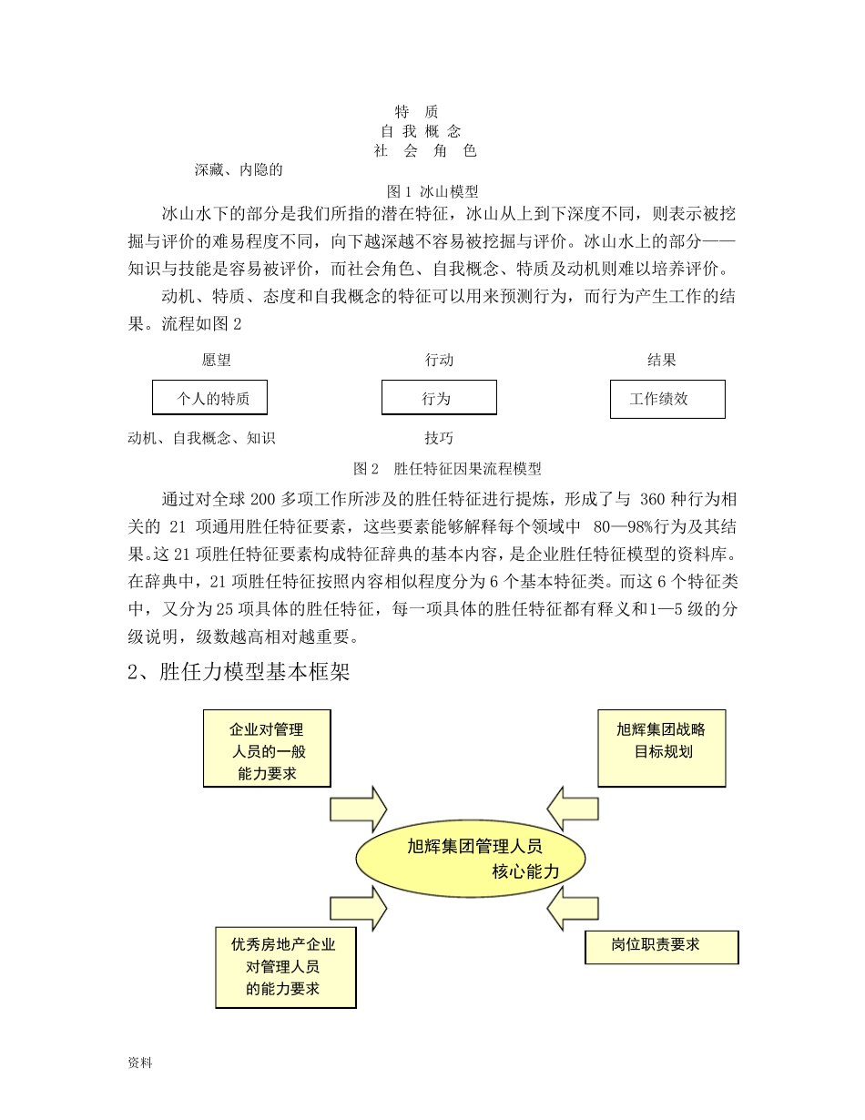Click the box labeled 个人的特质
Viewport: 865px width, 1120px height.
(209, 398)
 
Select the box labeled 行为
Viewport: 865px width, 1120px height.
(439, 398)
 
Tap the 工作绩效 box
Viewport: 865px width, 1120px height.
(667, 399)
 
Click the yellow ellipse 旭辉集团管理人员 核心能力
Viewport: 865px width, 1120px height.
(470, 859)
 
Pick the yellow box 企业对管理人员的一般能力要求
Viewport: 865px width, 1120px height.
(267, 748)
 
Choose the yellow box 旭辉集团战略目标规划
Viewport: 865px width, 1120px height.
(662, 748)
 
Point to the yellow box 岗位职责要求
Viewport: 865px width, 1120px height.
(661, 947)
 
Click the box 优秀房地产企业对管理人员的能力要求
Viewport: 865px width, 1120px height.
(286, 967)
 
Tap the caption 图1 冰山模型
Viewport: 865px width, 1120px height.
(433, 191)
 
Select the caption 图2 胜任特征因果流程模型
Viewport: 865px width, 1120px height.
(447, 469)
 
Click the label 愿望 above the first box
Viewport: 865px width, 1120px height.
(217, 361)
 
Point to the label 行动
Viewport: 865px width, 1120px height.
(439, 361)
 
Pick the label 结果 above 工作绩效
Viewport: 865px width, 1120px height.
(662, 361)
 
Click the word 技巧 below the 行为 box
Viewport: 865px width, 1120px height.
(439, 438)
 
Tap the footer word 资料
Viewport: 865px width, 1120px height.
(140, 1062)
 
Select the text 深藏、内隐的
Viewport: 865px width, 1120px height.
(239, 169)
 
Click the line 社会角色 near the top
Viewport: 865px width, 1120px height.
(425, 150)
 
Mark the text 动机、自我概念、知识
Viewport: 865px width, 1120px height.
(201, 438)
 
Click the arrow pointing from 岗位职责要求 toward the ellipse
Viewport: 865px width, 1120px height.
(574, 908)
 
